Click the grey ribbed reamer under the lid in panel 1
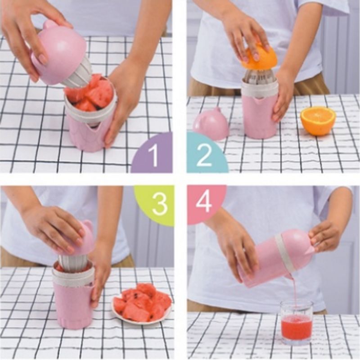75,73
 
